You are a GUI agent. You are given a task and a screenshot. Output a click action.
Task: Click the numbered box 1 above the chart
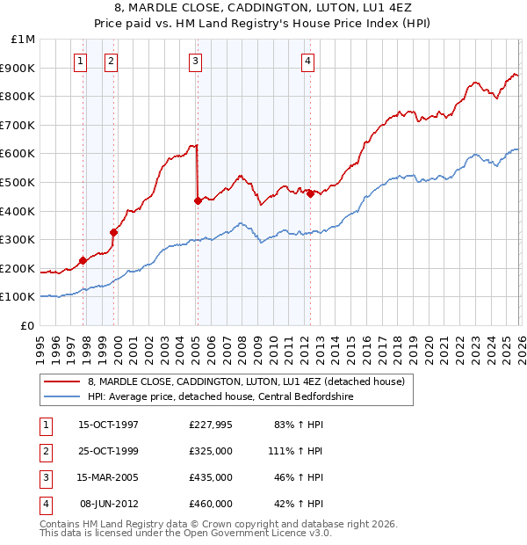tap(81, 61)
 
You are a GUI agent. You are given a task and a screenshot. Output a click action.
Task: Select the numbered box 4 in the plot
tap(308, 61)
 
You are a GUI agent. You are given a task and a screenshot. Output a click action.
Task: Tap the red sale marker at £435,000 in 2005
tap(198, 200)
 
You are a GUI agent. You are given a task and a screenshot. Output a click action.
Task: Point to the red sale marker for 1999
tap(114, 232)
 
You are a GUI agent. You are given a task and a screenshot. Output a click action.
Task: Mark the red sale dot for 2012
tap(310, 193)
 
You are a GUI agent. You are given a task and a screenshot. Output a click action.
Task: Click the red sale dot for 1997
tap(83, 260)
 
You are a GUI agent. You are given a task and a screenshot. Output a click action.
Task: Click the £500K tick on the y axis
tap(18, 182)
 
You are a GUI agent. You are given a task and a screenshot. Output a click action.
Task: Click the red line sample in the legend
tap(61, 381)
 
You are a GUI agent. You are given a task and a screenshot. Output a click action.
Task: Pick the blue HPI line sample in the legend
tap(61, 396)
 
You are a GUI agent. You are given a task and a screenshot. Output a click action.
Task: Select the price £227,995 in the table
tap(211, 425)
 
